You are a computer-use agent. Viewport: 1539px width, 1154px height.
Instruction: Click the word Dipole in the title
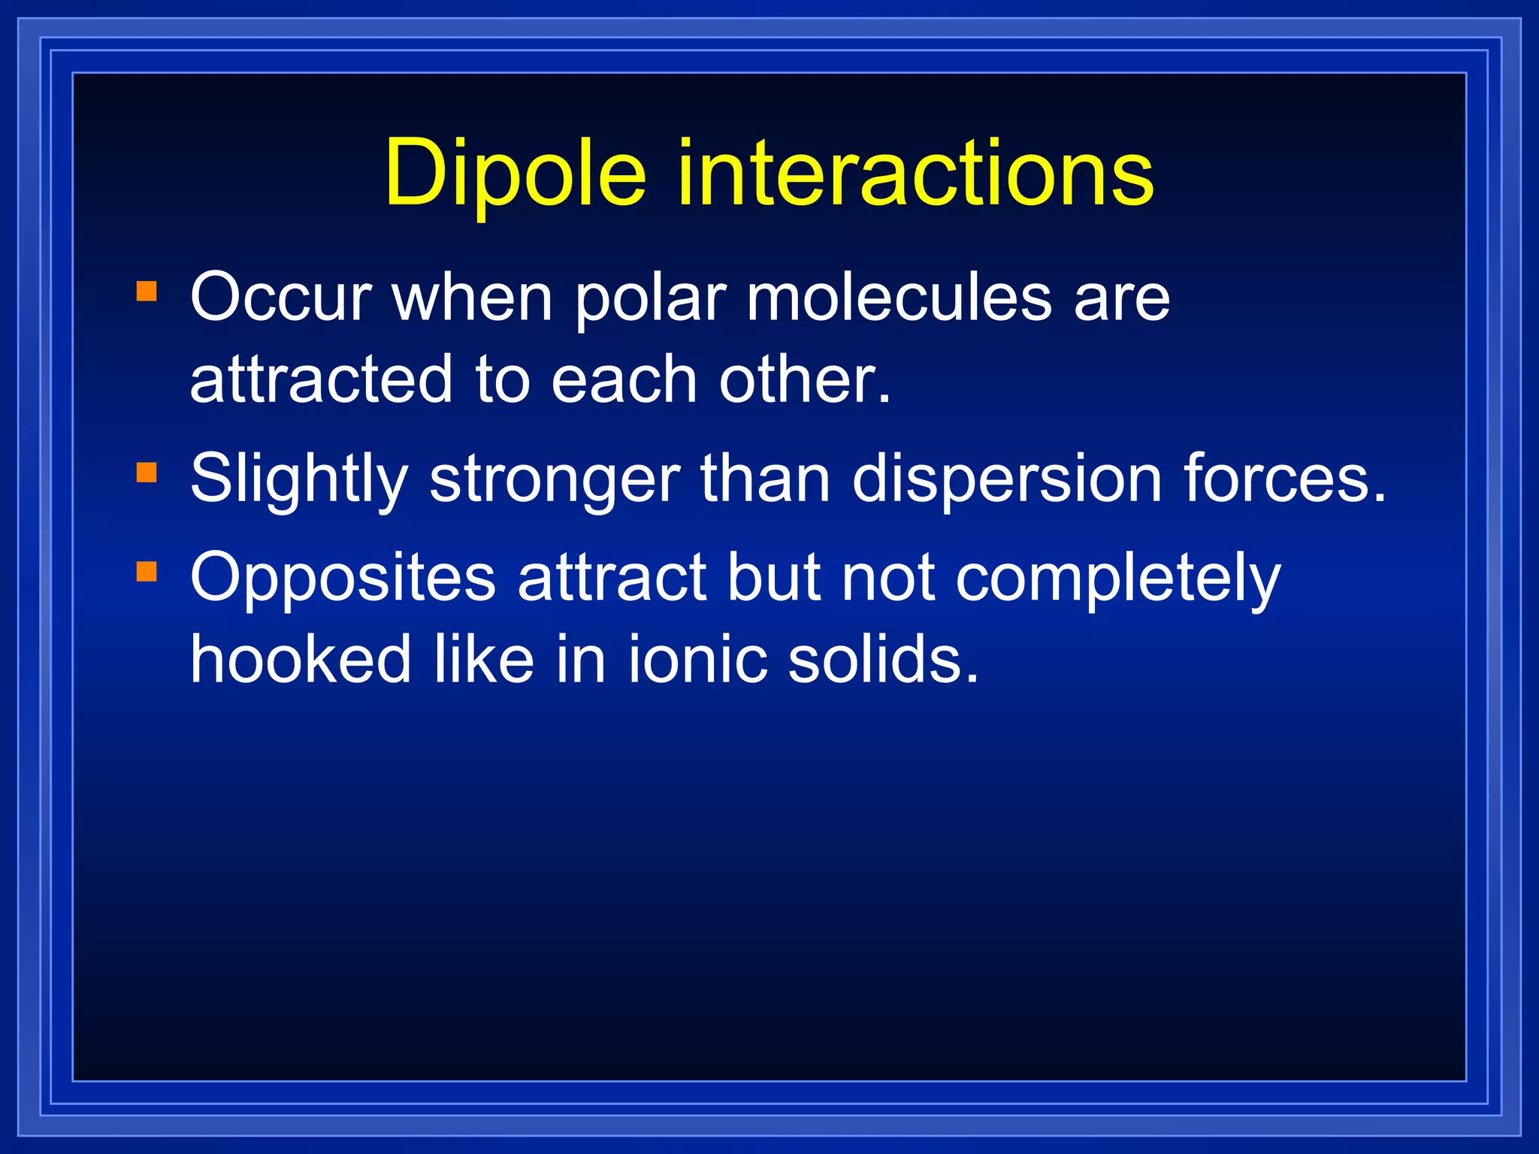(x=516, y=174)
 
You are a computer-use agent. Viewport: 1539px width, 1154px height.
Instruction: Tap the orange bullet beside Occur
(x=147, y=292)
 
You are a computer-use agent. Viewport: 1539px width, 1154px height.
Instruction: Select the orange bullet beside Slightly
(x=147, y=473)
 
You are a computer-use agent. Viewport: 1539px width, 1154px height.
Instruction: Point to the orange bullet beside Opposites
(x=147, y=572)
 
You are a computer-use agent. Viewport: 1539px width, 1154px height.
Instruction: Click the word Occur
(x=281, y=298)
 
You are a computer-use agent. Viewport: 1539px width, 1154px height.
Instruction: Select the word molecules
(x=899, y=298)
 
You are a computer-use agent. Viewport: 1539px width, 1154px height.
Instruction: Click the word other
(x=804, y=379)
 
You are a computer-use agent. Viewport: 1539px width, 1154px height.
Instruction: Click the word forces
(x=1284, y=479)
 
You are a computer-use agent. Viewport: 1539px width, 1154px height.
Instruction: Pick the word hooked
(x=301, y=659)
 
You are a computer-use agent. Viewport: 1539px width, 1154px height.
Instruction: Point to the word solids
(x=884, y=659)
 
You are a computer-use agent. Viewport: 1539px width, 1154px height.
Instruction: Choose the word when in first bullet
(x=473, y=298)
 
